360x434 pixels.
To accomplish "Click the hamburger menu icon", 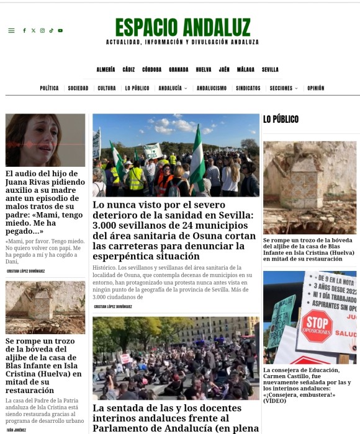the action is point(11,30).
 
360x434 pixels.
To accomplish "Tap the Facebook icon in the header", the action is point(24,30).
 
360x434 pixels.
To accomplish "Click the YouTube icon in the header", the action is point(60,30).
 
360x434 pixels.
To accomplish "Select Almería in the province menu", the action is point(106,69).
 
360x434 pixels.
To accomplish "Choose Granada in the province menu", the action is point(179,69).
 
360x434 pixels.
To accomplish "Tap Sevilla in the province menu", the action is point(270,69).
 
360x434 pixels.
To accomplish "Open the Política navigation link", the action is point(49,88).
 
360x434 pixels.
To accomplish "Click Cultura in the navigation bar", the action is point(107,88).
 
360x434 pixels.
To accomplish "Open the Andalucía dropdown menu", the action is point(173,88).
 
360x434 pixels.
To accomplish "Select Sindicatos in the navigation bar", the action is point(248,88).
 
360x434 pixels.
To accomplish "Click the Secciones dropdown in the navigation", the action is point(284,88).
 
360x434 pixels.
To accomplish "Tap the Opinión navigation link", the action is point(315,88).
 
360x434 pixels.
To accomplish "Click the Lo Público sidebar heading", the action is point(281,119).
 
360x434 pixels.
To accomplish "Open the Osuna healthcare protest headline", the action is point(174,230).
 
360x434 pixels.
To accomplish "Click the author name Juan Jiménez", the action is point(17,429).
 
